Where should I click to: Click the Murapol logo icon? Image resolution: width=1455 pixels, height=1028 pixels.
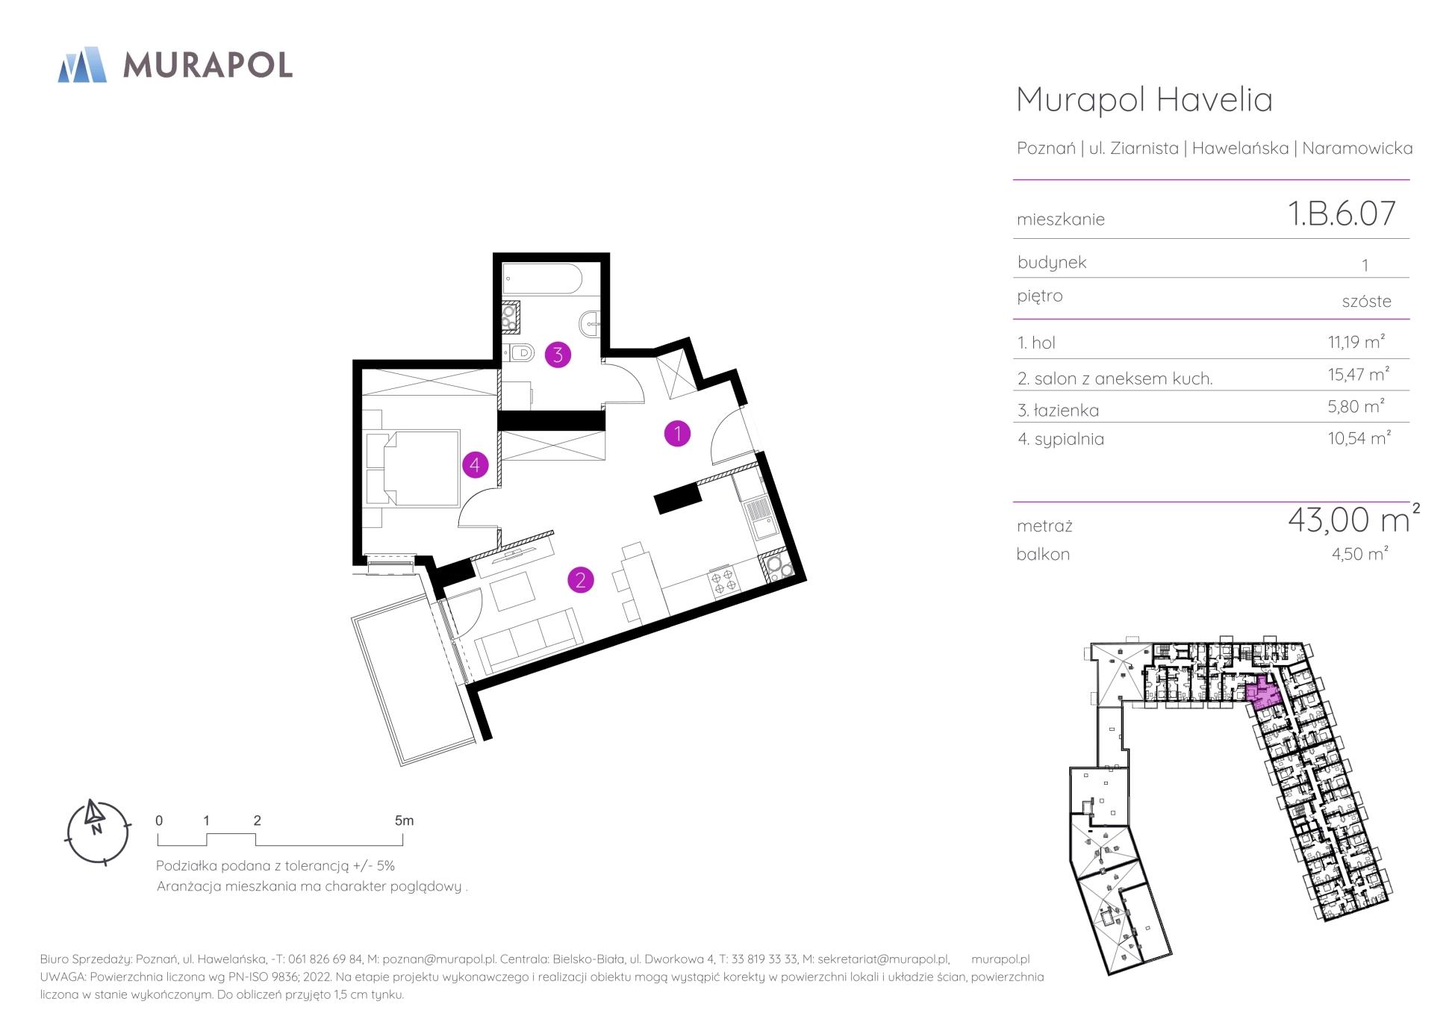pos(82,64)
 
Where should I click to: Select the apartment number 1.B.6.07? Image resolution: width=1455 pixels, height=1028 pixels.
pos(1342,214)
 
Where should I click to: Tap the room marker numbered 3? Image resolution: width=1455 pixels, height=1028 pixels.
pos(558,355)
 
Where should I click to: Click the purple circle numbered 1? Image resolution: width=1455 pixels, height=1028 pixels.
pos(677,433)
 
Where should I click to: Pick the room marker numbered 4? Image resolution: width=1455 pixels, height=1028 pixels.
pos(475,465)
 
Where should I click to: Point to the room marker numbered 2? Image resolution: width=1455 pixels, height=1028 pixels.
pos(580,579)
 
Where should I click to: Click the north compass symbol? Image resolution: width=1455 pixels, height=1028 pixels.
pos(98,832)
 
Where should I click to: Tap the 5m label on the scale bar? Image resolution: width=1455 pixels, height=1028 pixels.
pos(404,820)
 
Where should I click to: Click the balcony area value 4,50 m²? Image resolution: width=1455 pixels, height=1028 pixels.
pos(1358,553)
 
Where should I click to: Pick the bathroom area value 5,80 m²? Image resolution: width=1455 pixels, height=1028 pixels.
pos(1356,406)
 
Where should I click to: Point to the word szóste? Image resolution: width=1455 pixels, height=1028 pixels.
pos(1366,301)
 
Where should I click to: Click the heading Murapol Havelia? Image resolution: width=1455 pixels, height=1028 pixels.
pos(1144,99)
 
